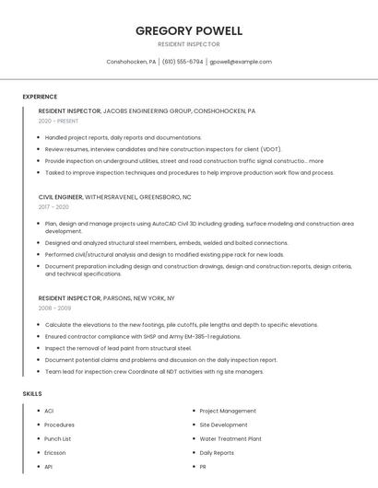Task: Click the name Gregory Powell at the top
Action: coord(189,30)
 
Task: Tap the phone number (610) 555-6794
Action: coord(183,62)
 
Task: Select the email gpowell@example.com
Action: coord(240,62)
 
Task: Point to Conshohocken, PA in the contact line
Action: coord(131,62)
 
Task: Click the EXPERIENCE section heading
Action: coord(40,97)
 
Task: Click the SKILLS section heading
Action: coord(32,394)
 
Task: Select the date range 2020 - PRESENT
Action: coord(60,122)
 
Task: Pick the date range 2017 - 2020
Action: coord(53,207)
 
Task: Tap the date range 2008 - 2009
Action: coord(54,308)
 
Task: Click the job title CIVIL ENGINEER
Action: coord(60,197)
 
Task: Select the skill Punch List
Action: coord(58,439)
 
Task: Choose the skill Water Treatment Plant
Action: coord(230,439)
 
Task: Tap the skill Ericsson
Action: coord(55,453)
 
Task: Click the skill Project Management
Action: coord(228,411)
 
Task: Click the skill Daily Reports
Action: coord(217,453)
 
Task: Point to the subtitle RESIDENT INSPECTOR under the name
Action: coord(189,43)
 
